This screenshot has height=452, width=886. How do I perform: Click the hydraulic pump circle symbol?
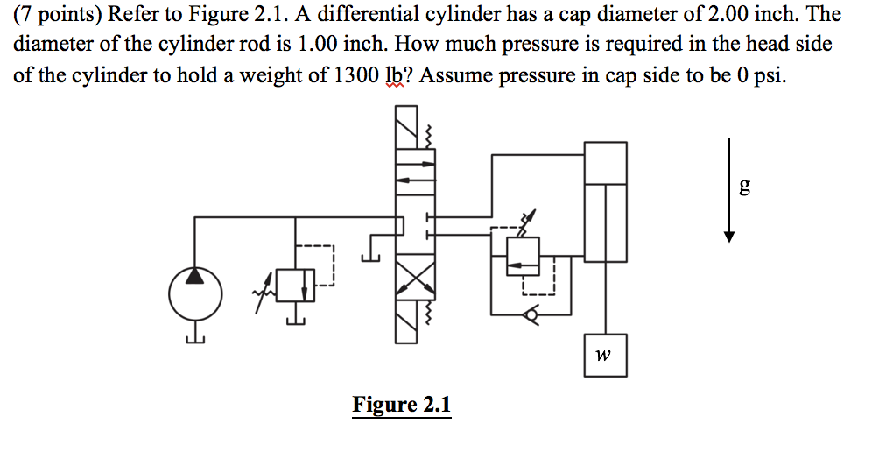click(x=193, y=293)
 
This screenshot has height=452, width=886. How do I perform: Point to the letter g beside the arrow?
click(x=744, y=186)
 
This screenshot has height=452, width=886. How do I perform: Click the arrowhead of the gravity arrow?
click(x=729, y=236)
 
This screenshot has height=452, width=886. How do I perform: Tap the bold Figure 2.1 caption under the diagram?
click(x=401, y=405)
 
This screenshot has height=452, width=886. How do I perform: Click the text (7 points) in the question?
click(x=55, y=14)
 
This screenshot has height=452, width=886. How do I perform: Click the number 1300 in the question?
click(x=357, y=74)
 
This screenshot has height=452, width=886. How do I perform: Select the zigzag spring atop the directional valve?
click(x=429, y=136)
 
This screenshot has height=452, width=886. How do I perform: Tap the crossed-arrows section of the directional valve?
click(x=414, y=280)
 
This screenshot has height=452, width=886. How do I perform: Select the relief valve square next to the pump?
click(x=294, y=286)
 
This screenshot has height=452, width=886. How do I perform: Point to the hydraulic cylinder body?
click(x=605, y=201)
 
